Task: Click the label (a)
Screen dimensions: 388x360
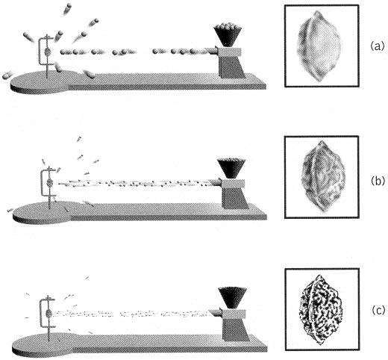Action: click(x=377, y=46)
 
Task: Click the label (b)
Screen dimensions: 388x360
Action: click(x=378, y=181)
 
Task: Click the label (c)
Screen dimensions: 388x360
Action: click(x=378, y=311)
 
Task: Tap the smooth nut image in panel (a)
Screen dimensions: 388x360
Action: click(x=319, y=46)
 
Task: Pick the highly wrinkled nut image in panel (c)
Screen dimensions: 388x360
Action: click(x=321, y=310)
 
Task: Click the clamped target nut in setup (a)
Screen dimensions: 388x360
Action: click(x=48, y=52)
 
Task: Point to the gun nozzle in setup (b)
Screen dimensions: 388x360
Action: click(x=214, y=182)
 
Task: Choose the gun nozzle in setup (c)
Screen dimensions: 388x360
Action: click(x=216, y=312)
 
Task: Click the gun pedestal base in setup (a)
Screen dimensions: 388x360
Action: click(x=231, y=66)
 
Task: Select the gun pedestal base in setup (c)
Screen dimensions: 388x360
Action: click(x=236, y=329)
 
